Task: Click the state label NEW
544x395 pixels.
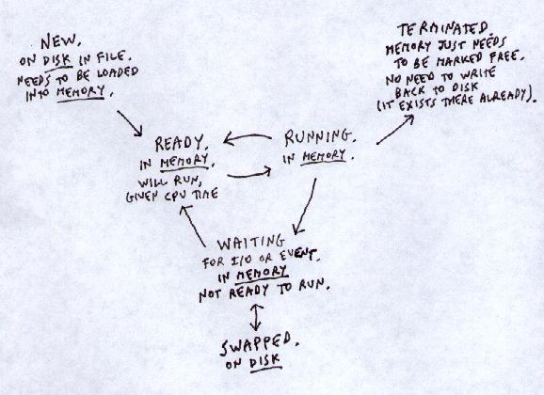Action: (x=61, y=42)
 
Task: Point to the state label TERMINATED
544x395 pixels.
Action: (x=443, y=29)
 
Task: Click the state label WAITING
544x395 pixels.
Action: (x=251, y=243)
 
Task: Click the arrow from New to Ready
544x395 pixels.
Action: (x=130, y=123)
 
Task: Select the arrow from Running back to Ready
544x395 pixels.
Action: (x=248, y=138)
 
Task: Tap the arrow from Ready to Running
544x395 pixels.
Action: (x=249, y=173)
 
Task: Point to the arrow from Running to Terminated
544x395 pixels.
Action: (x=395, y=129)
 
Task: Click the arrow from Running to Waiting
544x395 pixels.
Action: (x=305, y=207)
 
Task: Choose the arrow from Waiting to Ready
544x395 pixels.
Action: (x=193, y=226)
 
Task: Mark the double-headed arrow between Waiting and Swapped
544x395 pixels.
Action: (x=256, y=317)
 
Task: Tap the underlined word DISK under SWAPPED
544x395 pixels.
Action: (x=264, y=362)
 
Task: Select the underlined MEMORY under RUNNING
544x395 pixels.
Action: (x=324, y=156)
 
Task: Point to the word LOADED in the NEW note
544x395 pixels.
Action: (x=117, y=72)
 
